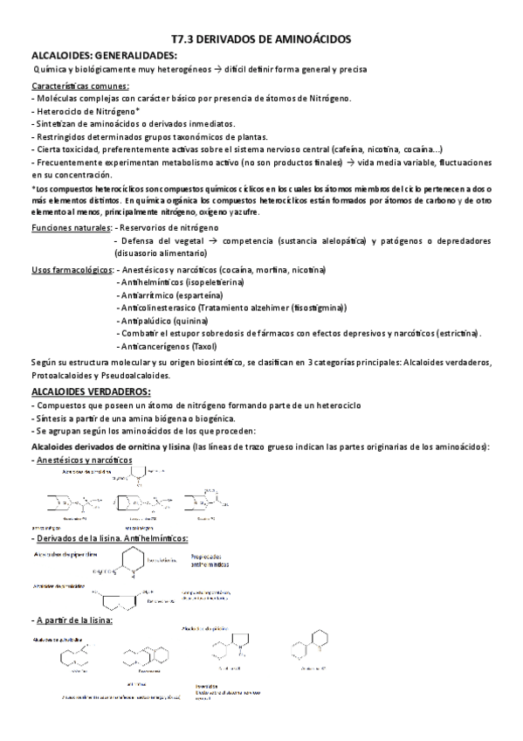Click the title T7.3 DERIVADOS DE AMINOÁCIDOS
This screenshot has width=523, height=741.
[x=261, y=39]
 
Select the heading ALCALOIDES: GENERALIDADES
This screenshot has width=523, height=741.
[x=103, y=55]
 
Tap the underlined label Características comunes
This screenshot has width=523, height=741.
[x=80, y=86]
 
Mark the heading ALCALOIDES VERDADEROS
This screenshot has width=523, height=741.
[x=91, y=391]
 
